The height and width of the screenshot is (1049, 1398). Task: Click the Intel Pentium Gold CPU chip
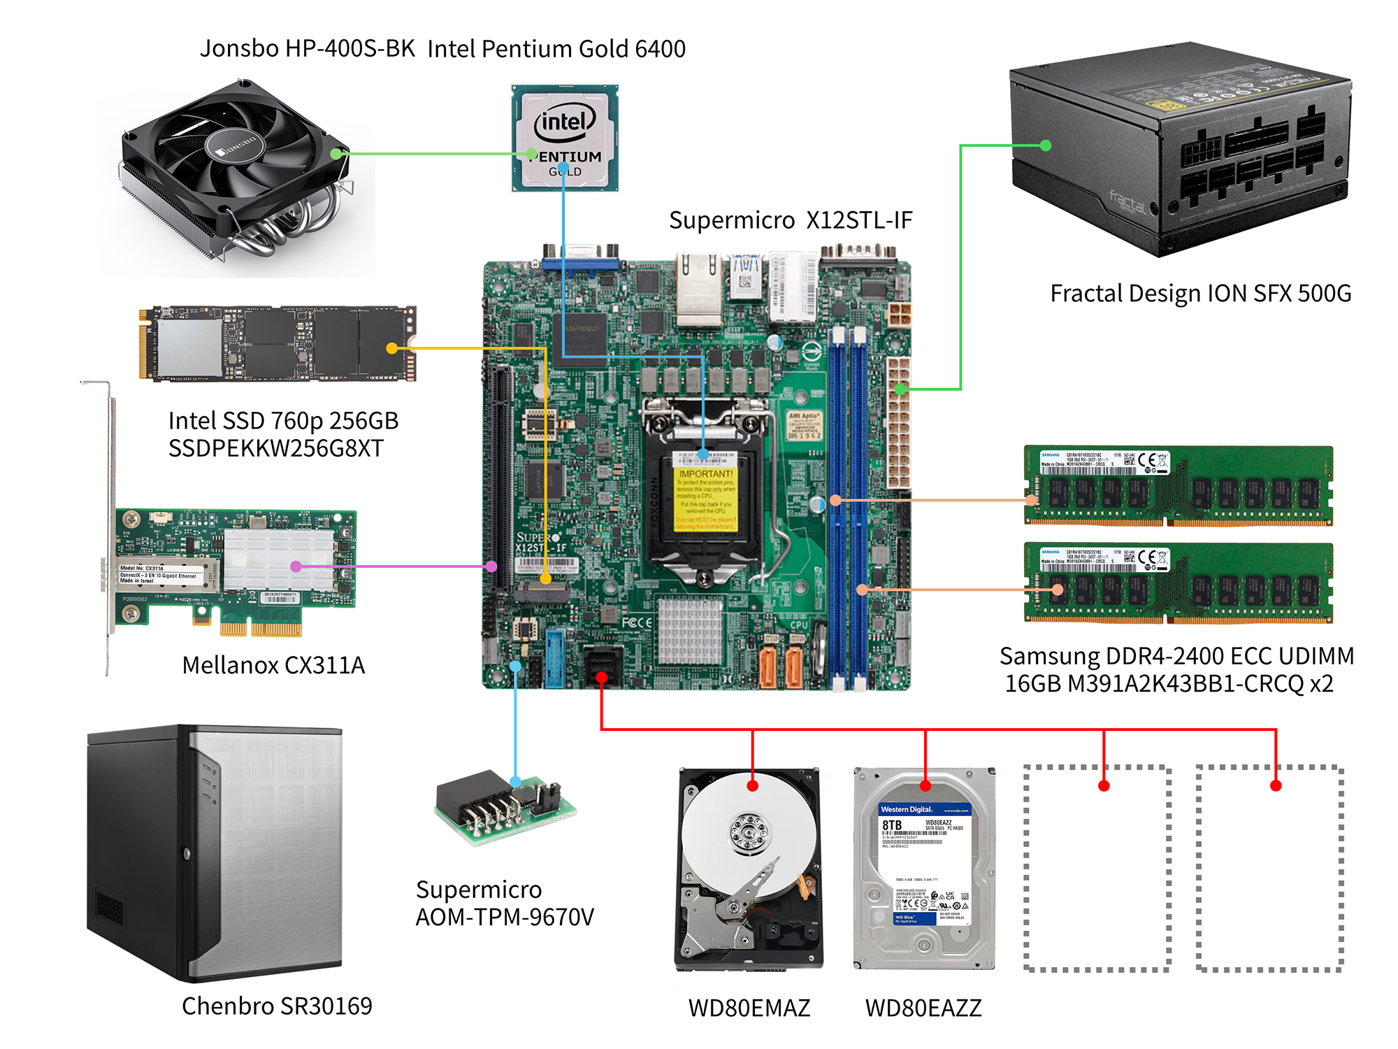tap(565, 138)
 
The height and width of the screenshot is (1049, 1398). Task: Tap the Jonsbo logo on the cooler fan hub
tap(236, 148)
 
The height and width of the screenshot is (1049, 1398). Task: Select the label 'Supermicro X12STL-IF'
tap(791, 220)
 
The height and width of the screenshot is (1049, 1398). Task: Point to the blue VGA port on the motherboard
tap(580, 263)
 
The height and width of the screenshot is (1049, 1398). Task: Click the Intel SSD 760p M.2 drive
tap(278, 343)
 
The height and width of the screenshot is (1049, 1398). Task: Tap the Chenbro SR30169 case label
tap(277, 1006)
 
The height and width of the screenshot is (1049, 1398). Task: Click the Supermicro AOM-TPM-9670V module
tap(505, 808)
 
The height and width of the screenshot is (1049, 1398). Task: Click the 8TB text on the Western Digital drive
tap(892, 825)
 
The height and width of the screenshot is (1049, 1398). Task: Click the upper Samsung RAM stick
tap(1179, 485)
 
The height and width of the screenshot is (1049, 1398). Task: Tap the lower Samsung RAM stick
tap(1179, 582)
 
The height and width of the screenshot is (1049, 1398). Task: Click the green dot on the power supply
tap(1046, 145)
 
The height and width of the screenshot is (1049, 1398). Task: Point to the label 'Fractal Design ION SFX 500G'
tap(1200, 294)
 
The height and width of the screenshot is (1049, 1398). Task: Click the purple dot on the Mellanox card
tap(296, 566)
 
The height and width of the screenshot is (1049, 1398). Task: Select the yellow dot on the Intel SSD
tap(392, 348)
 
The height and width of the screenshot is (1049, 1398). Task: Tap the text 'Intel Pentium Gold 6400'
tap(556, 49)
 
